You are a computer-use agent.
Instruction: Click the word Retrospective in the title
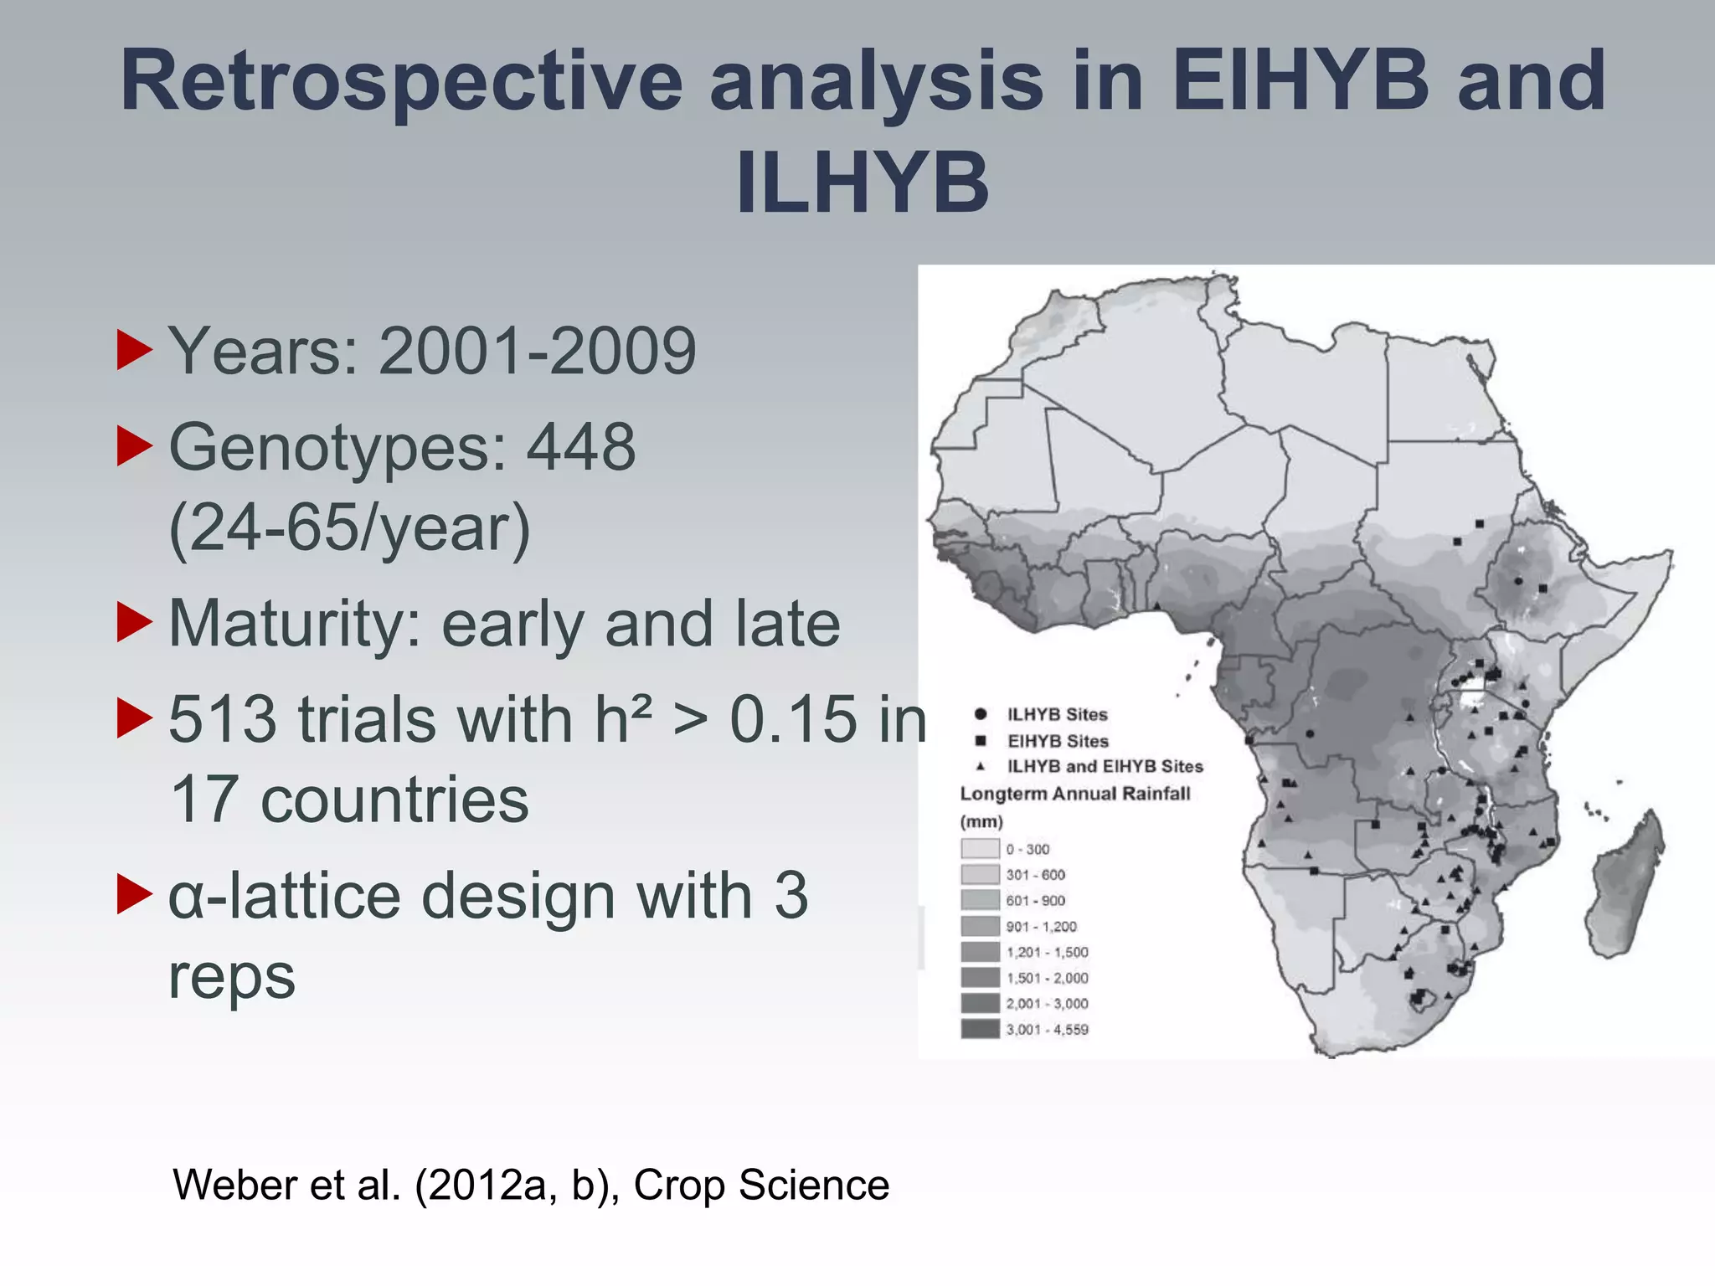click(x=402, y=82)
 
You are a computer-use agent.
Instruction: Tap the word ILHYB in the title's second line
click(x=863, y=184)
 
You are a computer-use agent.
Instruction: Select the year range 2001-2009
click(x=537, y=352)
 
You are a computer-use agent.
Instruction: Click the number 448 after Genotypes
click(x=580, y=447)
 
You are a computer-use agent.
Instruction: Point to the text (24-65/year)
click(x=349, y=527)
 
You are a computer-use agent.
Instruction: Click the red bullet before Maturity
click(x=134, y=624)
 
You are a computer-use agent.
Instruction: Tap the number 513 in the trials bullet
click(x=222, y=719)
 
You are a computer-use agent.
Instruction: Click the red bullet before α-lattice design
click(x=134, y=895)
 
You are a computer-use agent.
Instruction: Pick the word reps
click(x=232, y=976)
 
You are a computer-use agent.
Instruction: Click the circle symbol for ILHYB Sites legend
click(x=980, y=714)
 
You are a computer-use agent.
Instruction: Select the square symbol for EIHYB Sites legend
click(x=980, y=741)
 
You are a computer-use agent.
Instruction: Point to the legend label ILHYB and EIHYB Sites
click(x=1105, y=766)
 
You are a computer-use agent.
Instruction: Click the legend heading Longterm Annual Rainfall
click(x=1074, y=794)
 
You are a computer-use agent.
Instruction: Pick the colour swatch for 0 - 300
click(x=980, y=849)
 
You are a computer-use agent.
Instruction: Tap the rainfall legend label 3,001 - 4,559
click(x=1047, y=1030)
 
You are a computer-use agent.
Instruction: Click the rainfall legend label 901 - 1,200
click(x=1041, y=927)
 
